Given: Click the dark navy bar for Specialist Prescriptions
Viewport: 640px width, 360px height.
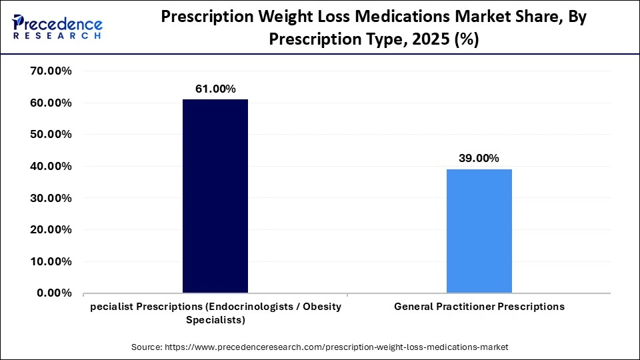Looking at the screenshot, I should click(215, 196).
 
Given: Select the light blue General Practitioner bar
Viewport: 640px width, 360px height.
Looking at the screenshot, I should click(479, 231).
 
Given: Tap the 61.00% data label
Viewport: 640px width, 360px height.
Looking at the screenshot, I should click(215, 89).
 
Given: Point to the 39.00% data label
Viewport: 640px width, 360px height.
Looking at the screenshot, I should click(479, 158).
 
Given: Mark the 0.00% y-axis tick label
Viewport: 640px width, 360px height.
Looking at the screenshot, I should click(54, 293).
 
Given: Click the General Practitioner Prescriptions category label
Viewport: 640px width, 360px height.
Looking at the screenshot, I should click(479, 307).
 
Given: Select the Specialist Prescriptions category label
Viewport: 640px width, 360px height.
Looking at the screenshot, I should click(215, 313).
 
